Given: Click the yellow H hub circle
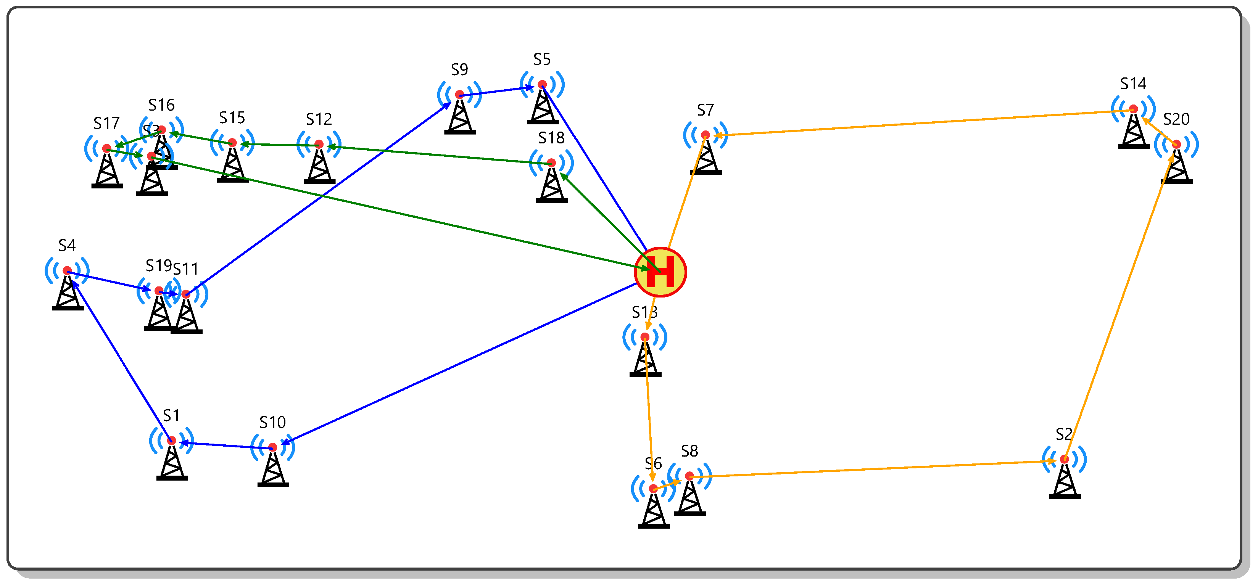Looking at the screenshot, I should (x=660, y=272).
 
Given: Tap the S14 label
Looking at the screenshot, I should (x=1133, y=84).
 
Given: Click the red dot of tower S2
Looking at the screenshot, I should (x=1065, y=459).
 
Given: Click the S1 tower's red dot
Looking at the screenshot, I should (x=171, y=441).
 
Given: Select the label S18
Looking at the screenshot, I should (x=551, y=138).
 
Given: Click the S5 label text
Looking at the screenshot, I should (x=541, y=60).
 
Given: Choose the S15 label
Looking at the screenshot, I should (x=232, y=118).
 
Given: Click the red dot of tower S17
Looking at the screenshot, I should (x=107, y=148).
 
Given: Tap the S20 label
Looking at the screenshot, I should (x=1176, y=119).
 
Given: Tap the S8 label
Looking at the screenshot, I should (x=689, y=451).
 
